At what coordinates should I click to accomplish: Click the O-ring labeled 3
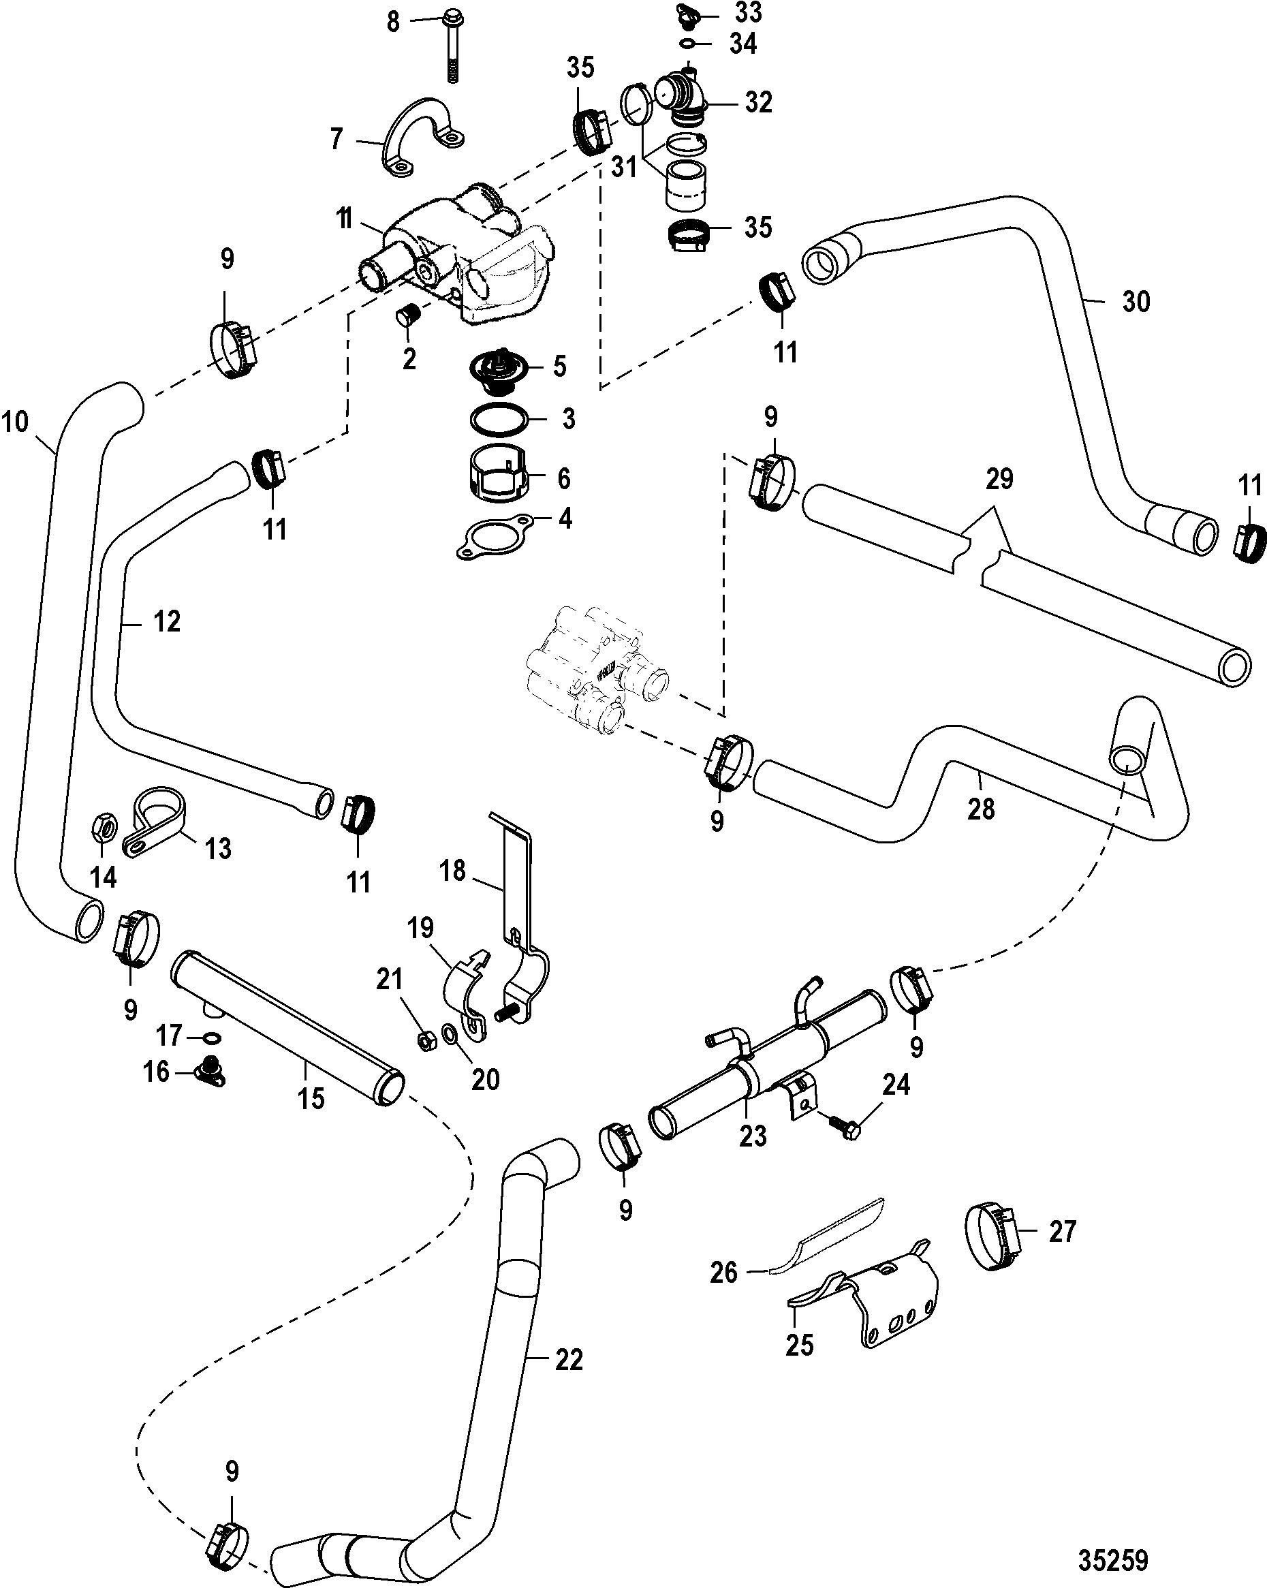point(499,420)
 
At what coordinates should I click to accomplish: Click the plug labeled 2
point(407,319)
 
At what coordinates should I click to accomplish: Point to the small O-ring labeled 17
point(211,1037)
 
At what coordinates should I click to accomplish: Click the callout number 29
point(999,480)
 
